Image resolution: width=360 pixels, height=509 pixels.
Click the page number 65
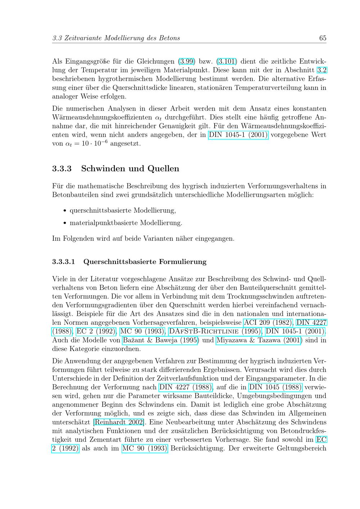[323, 38]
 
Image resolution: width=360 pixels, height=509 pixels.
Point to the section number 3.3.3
[62, 168]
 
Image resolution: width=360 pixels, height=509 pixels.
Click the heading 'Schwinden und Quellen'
[130, 168]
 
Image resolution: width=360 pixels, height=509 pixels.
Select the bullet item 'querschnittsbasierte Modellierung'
[122, 210]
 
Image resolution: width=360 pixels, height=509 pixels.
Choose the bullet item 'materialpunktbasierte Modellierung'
[126, 223]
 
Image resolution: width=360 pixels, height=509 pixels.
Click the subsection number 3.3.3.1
[63, 262]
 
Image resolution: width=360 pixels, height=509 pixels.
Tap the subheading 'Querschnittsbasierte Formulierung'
[145, 262]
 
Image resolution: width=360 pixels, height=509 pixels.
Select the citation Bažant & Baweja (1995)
[160, 340]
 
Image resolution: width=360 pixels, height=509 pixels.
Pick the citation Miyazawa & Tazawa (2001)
[259, 340]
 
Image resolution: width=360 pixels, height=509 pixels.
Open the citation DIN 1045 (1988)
[275, 387]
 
